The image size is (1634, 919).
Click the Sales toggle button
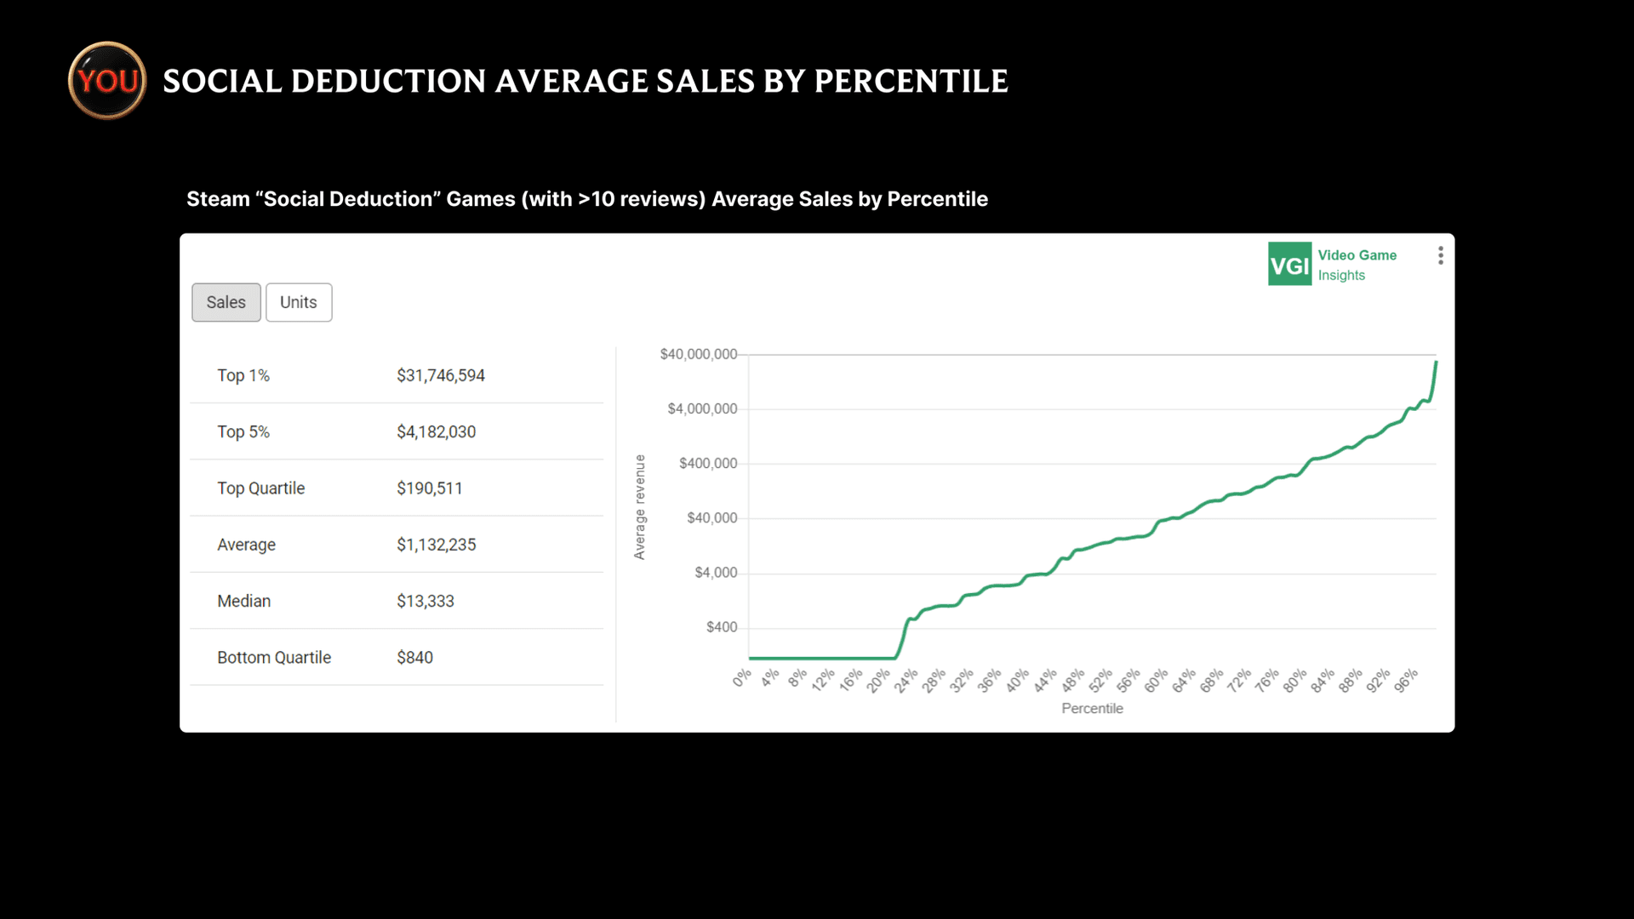[x=226, y=302]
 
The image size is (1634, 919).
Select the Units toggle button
[x=298, y=302]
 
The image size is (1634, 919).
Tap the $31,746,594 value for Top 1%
[x=440, y=375]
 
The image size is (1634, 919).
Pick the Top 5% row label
[x=243, y=431]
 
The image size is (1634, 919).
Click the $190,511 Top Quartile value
[x=429, y=488]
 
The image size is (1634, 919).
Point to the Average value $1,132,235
[x=436, y=545]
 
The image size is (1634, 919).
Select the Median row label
[x=243, y=601]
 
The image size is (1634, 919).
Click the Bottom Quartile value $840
[x=414, y=657]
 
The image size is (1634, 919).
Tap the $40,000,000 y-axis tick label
[x=698, y=354]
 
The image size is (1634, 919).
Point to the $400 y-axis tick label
[x=721, y=627]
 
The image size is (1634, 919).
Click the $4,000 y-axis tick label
[x=715, y=573]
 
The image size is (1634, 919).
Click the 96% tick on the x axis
[x=1406, y=681]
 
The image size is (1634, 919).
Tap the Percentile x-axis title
[x=1092, y=708]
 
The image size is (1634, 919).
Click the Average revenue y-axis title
[x=639, y=507]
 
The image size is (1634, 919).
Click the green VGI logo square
[x=1289, y=265]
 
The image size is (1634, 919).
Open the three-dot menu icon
[x=1440, y=255]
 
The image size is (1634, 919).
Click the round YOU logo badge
[x=107, y=81]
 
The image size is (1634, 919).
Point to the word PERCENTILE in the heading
[x=911, y=81]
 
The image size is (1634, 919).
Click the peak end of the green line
[x=1436, y=363]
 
